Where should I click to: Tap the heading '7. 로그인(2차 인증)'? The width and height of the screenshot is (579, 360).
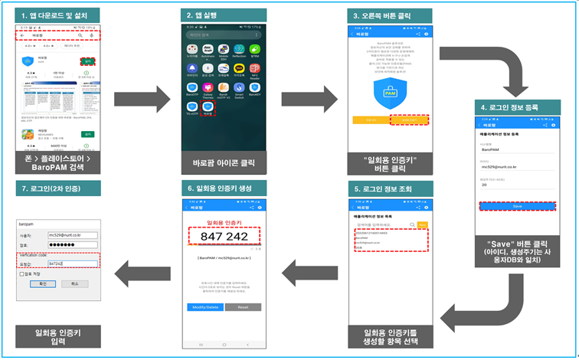(58, 187)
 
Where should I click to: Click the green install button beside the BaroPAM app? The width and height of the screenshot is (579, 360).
(90, 62)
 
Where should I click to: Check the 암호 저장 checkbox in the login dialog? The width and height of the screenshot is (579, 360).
(27, 273)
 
